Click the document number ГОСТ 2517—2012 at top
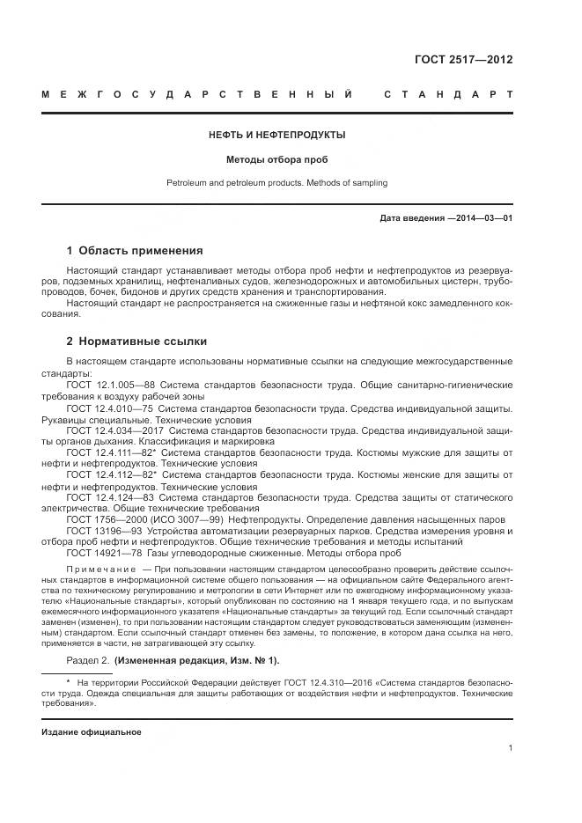(463, 61)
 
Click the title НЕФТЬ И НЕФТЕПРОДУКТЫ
(276, 136)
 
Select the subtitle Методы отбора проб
(276, 160)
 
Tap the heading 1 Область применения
(135, 250)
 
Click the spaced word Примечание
(97, 570)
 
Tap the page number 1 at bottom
(511, 749)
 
